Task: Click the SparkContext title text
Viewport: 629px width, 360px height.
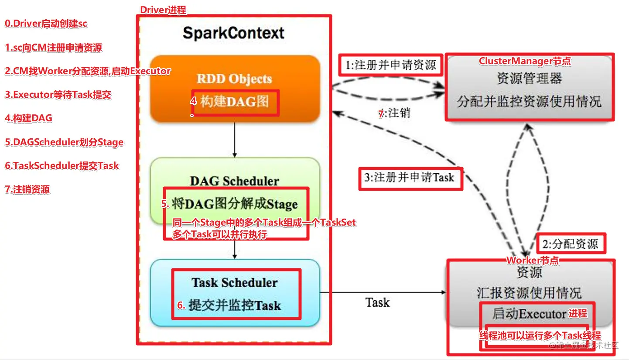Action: point(233,33)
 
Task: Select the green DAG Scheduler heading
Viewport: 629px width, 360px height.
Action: point(235,181)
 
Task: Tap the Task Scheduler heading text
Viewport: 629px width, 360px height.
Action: point(235,282)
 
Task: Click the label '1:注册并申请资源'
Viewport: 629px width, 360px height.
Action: point(390,65)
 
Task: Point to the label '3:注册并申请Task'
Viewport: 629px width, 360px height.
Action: point(410,178)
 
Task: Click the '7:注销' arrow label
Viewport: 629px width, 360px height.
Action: point(394,113)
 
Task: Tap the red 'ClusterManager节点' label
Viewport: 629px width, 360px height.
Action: point(525,61)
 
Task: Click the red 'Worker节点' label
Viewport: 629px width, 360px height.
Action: point(532,261)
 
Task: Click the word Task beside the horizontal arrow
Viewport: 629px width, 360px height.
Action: point(377,302)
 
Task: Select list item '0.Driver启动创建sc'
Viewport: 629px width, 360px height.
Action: point(46,24)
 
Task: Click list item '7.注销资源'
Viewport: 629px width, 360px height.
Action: point(27,189)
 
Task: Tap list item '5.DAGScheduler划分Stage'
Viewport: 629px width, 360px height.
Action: point(64,142)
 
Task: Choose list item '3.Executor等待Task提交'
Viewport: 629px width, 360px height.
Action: point(58,95)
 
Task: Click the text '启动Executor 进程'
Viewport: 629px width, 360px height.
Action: point(540,313)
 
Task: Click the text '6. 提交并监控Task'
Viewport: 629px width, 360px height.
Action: point(229,305)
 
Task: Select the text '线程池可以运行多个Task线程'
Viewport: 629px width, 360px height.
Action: point(540,336)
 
